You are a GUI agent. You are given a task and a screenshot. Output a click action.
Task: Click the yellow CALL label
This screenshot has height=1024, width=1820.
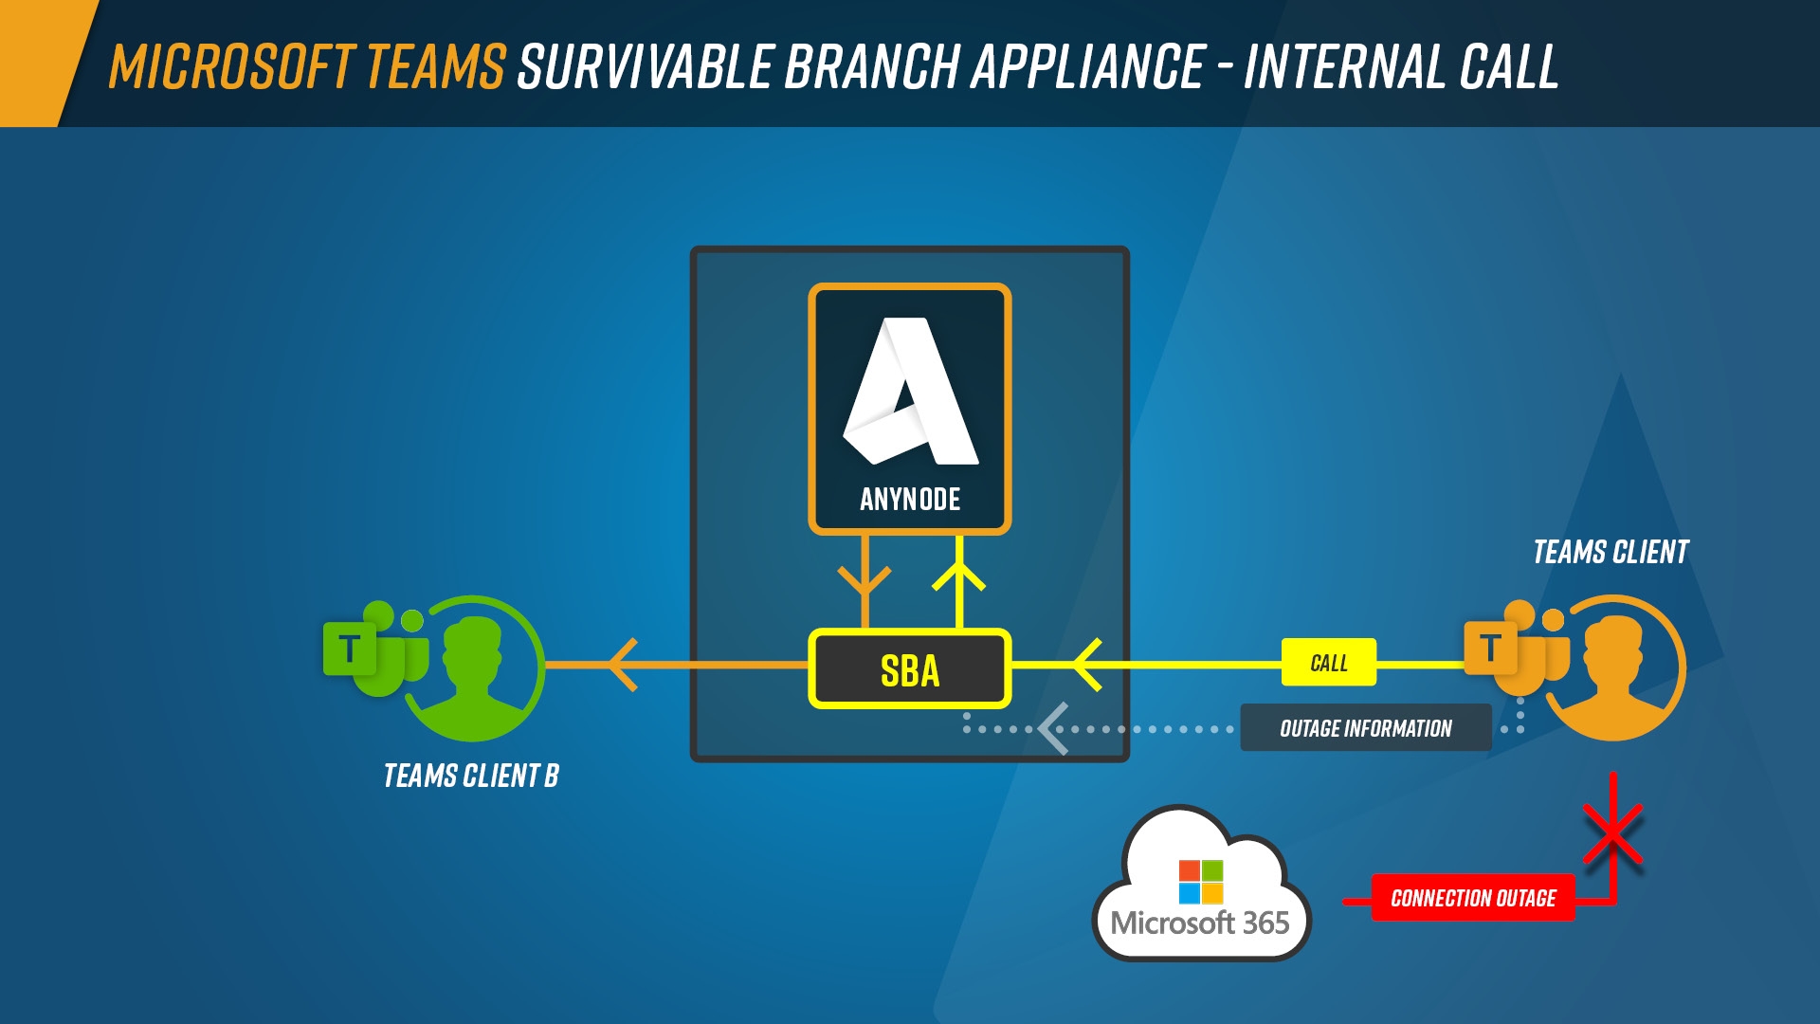pos(1328,663)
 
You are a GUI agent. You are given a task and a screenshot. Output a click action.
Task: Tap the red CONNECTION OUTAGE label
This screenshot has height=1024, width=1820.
pos(1472,898)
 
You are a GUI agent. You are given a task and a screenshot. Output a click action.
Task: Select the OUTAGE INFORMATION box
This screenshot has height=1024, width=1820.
pos(1365,728)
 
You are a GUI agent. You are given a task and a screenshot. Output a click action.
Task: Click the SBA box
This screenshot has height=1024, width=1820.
pos(910,669)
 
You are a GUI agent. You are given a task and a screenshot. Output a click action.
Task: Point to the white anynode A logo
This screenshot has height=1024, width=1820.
pos(910,393)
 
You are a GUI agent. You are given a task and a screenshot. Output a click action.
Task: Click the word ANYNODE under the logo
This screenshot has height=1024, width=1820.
pos(910,500)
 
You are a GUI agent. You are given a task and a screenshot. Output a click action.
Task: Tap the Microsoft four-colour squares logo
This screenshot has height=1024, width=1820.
pos(1200,882)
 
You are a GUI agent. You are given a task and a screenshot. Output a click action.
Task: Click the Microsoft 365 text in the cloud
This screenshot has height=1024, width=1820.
pos(1200,923)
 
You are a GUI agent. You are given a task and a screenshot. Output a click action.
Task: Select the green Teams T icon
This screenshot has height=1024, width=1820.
pos(350,649)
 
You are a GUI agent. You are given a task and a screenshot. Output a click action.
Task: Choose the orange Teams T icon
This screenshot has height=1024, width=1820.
pos(1491,649)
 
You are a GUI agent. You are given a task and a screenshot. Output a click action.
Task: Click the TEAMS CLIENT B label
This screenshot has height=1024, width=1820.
pos(471,776)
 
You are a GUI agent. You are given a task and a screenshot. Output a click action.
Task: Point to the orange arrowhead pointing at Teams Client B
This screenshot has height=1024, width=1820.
pos(622,665)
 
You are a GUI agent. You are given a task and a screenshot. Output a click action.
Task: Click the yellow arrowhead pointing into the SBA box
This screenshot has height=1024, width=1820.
pos(1086,665)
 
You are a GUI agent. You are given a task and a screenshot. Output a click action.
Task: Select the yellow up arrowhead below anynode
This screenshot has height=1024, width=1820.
pos(959,574)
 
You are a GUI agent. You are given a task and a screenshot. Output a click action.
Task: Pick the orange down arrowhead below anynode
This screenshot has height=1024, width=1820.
pos(864,580)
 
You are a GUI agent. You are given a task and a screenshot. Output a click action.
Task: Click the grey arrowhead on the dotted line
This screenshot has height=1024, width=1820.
pos(1052,729)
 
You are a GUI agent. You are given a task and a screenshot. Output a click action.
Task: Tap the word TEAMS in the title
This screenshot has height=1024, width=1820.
pos(435,66)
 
